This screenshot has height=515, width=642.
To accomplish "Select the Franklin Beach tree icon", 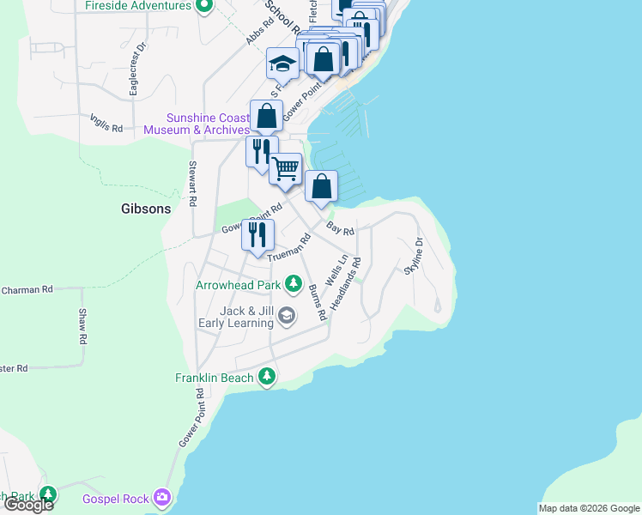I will [268, 377].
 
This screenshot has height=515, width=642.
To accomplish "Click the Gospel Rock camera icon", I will [161, 498].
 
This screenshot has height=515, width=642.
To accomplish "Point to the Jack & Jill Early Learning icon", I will [287, 318].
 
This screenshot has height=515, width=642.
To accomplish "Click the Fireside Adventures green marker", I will [203, 7].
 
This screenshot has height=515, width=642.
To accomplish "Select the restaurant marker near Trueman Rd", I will [257, 234].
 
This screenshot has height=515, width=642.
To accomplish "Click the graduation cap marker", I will [282, 64].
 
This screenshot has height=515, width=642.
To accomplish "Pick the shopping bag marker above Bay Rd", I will [321, 186].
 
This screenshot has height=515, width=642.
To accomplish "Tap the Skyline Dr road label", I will [415, 256].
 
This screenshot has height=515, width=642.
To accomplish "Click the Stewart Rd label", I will [193, 183].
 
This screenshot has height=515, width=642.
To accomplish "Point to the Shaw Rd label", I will [83, 326].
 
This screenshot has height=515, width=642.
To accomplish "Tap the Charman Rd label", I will [27, 290].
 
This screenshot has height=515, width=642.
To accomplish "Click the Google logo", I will [28, 505].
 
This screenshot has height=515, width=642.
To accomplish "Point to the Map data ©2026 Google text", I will [589, 508].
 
